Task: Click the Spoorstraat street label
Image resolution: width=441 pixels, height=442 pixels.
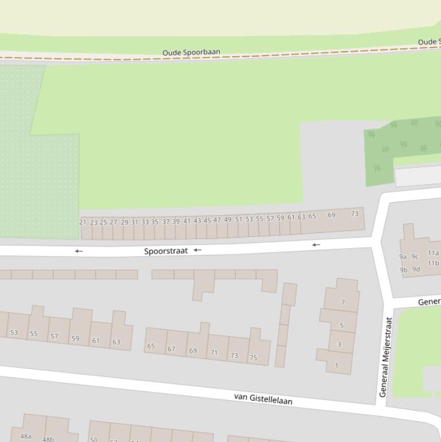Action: [166, 251]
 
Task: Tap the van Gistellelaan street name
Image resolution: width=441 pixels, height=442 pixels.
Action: [263, 398]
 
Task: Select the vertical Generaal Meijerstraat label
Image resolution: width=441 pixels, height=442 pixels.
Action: [385, 357]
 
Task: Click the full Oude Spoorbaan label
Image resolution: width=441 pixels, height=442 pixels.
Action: [191, 53]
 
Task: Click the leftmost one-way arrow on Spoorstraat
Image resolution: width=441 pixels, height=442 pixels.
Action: [79, 251]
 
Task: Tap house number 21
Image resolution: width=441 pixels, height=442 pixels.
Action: [83, 222]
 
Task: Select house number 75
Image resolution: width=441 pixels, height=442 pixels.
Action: [253, 358]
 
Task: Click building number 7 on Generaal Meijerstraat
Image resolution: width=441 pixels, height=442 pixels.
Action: [343, 303]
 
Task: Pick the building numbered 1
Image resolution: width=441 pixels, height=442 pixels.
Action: [337, 365]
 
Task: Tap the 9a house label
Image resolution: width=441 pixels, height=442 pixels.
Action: [403, 257]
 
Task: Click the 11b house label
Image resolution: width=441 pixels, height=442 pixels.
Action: [433, 263]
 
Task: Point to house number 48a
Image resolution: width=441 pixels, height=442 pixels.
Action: [26, 436]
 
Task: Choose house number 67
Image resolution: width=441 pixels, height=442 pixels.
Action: [171, 349]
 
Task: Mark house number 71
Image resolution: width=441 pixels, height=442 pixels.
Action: [214, 352]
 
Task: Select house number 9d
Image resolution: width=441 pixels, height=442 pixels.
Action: [416, 269]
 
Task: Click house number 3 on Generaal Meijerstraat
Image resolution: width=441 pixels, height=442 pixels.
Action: [339, 344]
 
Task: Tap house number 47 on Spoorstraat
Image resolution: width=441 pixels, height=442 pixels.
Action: [217, 220]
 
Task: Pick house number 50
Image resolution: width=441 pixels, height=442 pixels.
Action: [93, 440]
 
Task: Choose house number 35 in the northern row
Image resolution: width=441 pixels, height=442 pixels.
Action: [155, 222]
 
